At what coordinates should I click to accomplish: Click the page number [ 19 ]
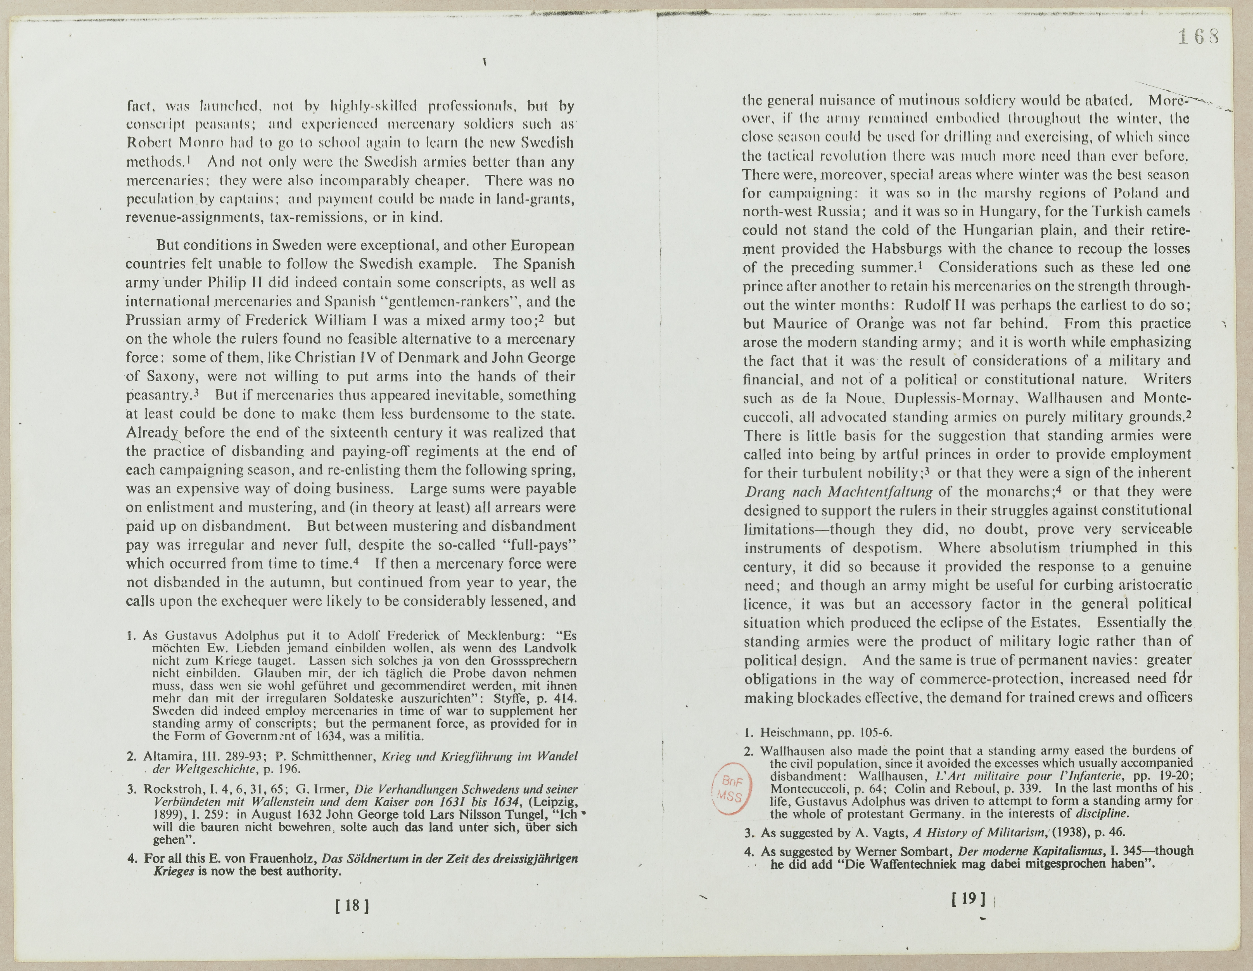[x=969, y=899]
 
